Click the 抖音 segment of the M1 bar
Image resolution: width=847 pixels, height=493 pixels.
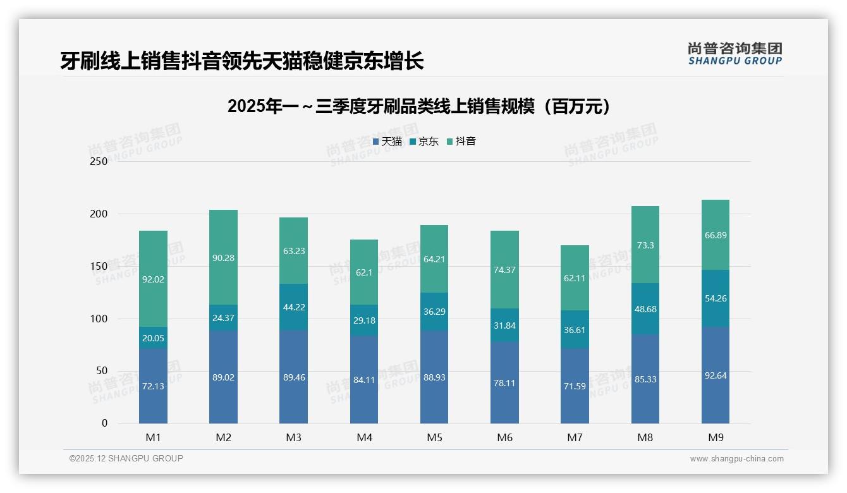[153, 279]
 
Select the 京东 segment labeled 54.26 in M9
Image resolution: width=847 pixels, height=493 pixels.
[715, 298]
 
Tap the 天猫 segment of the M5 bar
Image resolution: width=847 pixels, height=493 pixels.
[434, 377]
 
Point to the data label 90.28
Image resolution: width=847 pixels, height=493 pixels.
[224, 258]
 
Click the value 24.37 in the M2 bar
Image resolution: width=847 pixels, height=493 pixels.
[224, 318]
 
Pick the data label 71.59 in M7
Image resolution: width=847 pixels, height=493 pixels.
[575, 386]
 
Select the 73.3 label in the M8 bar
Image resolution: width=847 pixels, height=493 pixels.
[645, 245]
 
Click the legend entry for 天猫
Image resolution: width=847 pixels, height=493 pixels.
[387, 142]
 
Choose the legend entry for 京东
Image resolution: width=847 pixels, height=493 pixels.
[423, 142]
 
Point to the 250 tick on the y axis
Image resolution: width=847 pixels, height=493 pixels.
[99, 162]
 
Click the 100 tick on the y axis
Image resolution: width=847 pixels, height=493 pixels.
[99, 319]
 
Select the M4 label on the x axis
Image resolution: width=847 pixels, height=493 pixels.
[364, 437]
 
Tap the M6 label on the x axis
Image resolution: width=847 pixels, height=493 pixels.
[504, 437]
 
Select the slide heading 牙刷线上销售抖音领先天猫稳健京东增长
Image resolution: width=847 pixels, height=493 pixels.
[241, 61]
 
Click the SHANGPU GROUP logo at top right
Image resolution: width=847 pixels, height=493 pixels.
[734, 54]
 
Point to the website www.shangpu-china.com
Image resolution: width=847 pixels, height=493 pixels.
[736, 459]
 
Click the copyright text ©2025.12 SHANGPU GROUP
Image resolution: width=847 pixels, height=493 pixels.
[126, 459]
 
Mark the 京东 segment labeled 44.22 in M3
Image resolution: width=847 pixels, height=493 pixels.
[294, 307]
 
